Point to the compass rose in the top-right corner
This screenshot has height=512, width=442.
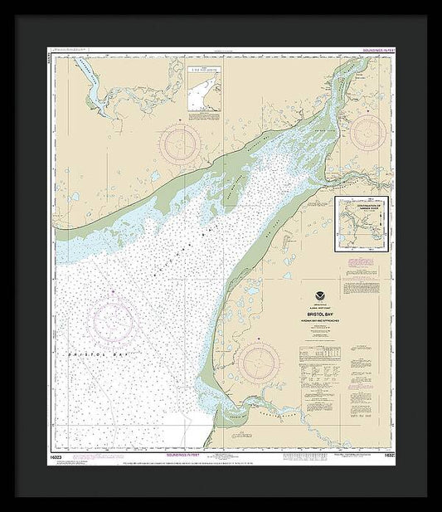tap(368, 131)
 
